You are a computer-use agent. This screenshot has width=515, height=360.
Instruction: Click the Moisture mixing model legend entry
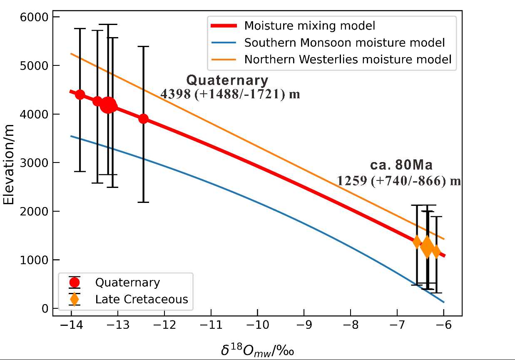point(309,26)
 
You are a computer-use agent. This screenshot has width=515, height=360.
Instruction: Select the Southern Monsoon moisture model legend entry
point(344,42)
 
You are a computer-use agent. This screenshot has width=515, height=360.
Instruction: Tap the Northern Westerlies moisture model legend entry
point(348,59)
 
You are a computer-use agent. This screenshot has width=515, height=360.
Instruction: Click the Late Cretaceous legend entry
point(142,299)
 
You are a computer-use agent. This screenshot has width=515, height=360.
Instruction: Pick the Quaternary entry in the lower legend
point(127,282)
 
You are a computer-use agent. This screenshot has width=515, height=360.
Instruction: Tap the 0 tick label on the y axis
point(45,309)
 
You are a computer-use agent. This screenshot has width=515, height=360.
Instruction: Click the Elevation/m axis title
point(9,163)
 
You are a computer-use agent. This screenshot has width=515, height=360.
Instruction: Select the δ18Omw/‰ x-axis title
point(257,350)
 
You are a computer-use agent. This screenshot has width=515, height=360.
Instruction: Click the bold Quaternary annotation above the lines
point(227,80)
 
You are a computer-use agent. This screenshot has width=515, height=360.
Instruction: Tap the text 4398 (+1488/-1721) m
point(230,94)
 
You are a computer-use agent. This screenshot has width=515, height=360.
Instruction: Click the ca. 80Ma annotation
point(401,165)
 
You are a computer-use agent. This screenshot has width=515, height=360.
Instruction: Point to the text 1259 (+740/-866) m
point(399,180)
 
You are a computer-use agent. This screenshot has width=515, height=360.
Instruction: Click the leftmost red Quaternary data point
point(80,95)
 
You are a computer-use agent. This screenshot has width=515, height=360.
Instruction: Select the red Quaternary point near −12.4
point(143,119)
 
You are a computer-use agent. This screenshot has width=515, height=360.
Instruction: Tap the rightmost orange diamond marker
point(436,251)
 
